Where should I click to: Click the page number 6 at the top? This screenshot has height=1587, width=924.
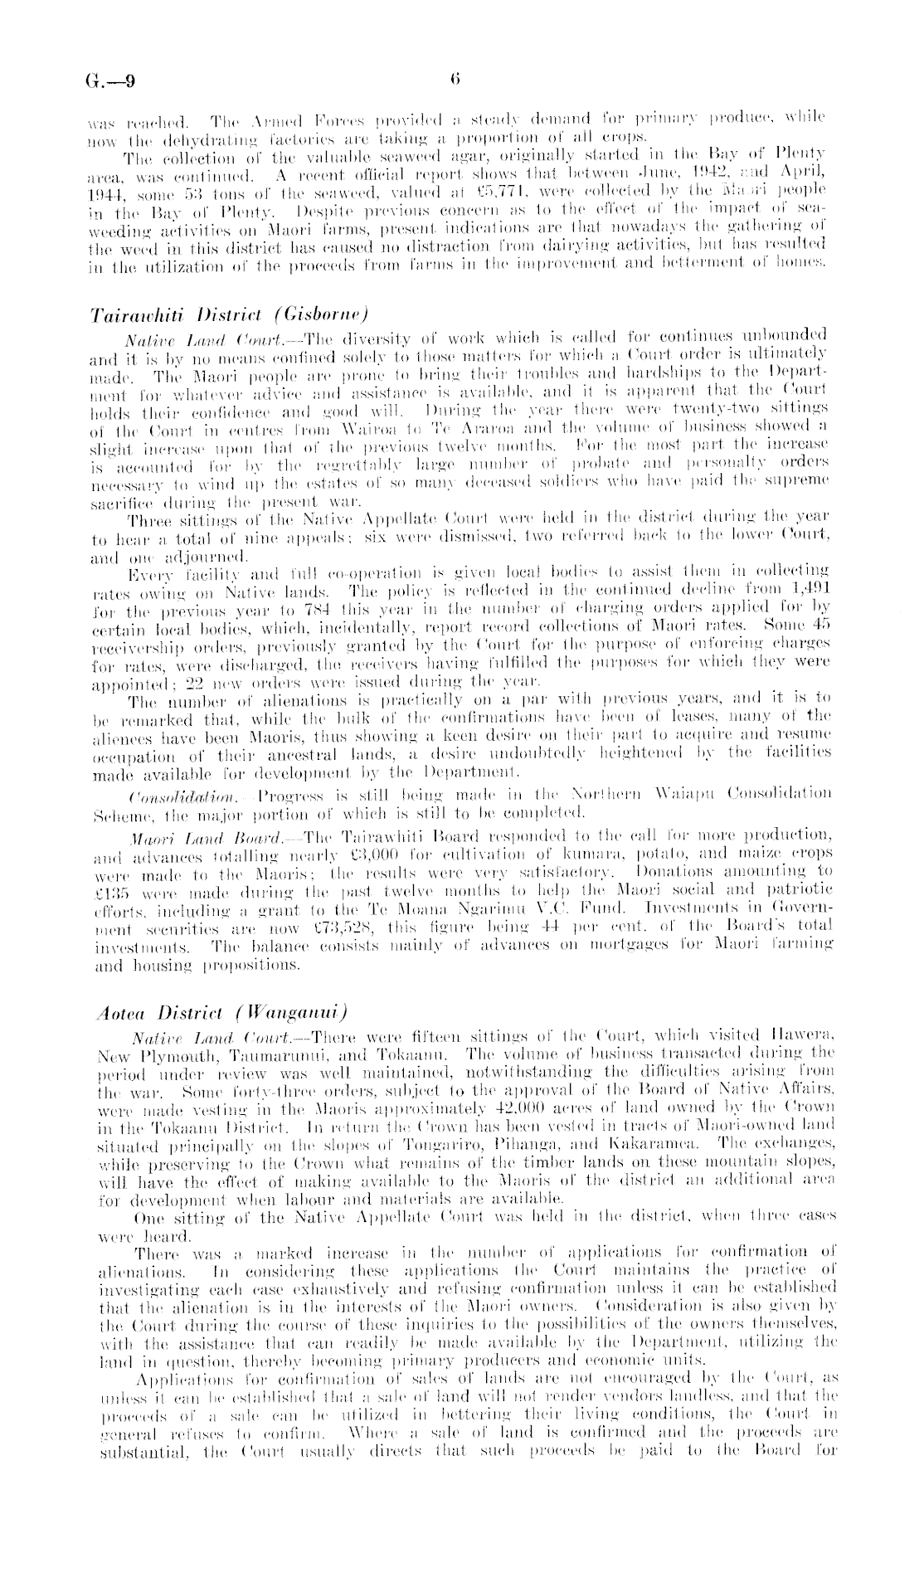pos(455,80)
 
